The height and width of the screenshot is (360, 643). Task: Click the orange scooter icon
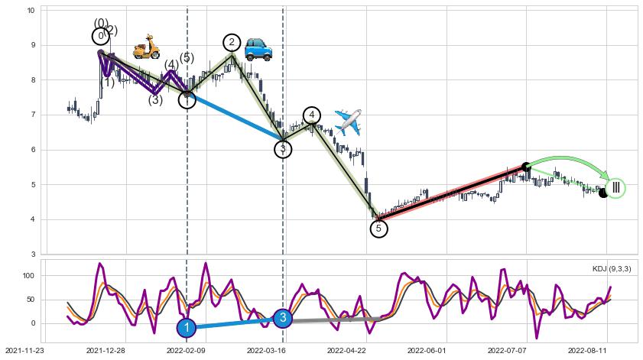pyautogui.click(x=146, y=47)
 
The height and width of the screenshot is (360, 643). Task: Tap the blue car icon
pyautogui.click(x=258, y=49)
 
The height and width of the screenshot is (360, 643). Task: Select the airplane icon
pyautogui.click(x=348, y=122)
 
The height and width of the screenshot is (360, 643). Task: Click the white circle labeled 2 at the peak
pyautogui.click(x=232, y=42)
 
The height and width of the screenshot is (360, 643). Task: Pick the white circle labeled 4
pyautogui.click(x=311, y=115)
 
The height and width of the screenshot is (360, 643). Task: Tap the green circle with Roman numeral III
pyautogui.click(x=615, y=188)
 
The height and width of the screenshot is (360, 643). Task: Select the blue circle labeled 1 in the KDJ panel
pyautogui.click(x=187, y=328)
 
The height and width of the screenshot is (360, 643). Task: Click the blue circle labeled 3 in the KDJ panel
pyautogui.click(x=283, y=318)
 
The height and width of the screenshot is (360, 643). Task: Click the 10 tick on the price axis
pyautogui.click(x=31, y=11)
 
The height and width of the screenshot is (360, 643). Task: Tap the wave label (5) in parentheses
pyautogui.click(x=187, y=58)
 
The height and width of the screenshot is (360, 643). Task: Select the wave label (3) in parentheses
pyautogui.click(x=155, y=100)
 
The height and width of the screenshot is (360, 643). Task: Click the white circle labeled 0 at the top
pyautogui.click(x=101, y=36)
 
